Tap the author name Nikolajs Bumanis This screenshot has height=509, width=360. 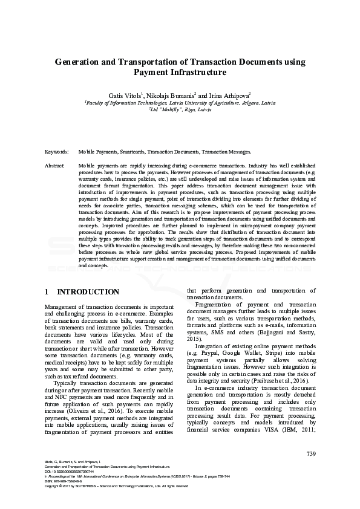point(171,96)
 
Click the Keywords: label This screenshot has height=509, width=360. point(57,152)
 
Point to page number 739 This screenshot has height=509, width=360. point(311,454)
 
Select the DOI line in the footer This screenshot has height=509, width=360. point(67,472)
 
